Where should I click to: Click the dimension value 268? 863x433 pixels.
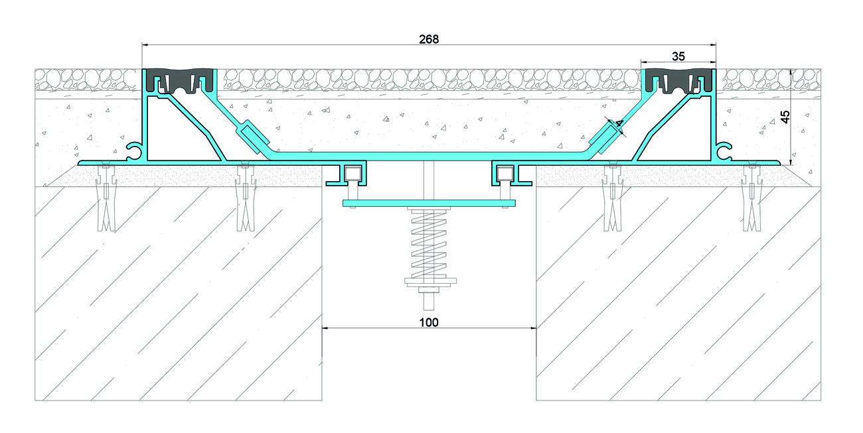(x=428, y=39)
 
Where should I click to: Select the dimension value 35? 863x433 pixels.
(x=678, y=56)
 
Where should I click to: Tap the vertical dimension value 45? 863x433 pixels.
(x=785, y=117)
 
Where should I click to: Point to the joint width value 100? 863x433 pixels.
(x=428, y=322)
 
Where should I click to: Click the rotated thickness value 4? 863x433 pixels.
(x=619, y=123)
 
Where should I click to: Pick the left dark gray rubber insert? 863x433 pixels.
(x=179, y=78)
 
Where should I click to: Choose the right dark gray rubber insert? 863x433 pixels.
(x=678, y=78)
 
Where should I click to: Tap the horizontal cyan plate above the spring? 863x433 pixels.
(x=429, y=203)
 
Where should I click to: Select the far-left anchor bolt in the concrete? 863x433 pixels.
(x=107, y=197)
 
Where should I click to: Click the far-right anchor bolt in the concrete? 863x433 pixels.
(x=751, y=197)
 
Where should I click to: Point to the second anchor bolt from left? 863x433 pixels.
(x=246, y=197)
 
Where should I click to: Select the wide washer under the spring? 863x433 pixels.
(x=430, y=281)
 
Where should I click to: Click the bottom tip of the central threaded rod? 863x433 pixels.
(x=429, y=310)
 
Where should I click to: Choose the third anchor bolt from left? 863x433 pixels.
(x=612, y=197)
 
